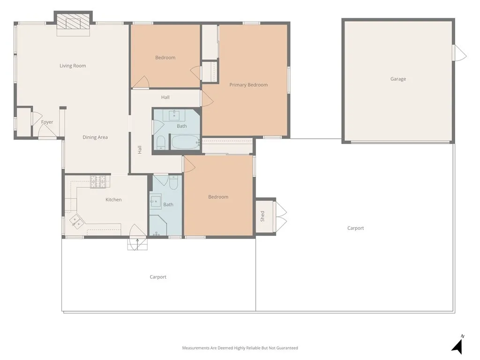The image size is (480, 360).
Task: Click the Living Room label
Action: [73, 66]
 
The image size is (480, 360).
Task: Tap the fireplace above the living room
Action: [73, 23]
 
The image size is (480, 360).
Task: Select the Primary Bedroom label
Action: [248, 85]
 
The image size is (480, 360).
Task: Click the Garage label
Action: [398, 79]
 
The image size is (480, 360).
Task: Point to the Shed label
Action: [262, 216]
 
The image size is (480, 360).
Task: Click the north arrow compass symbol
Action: [458, 345]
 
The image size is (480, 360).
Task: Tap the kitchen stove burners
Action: [99, 181]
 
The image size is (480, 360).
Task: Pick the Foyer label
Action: [47, 122]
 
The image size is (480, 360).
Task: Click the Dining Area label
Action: [95, 137]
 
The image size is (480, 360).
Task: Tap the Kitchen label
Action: [113, 200]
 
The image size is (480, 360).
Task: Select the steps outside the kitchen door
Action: [137, 244]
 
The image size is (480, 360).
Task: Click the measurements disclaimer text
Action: [240, 348]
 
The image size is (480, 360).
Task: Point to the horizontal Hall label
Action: [165, 97]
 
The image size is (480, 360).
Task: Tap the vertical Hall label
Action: [140, 150]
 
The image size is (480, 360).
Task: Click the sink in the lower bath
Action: [156, 201]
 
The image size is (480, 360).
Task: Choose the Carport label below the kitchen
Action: [158, 277]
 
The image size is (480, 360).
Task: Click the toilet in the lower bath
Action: [173, 182]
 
